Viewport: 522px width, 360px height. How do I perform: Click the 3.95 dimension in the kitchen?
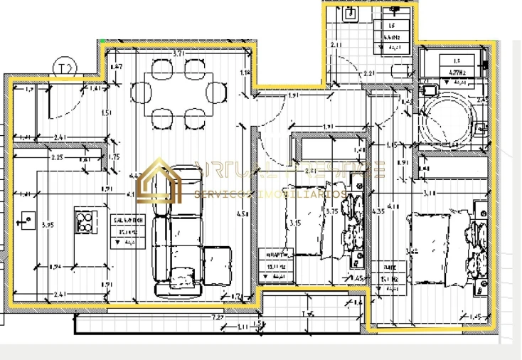[x=48, y=225]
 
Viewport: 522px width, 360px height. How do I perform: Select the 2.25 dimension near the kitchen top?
[x=57, y=158]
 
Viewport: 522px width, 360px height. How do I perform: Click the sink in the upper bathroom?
[x=350, y=14]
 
